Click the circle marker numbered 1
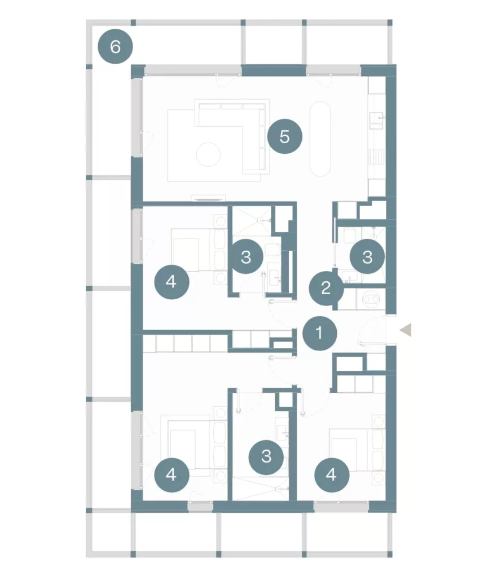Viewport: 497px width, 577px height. coord(319,333)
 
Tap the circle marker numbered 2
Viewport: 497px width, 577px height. coord(326,288)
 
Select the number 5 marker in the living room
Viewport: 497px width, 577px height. coord(284,136)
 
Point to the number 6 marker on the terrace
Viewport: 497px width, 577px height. coord(115,47)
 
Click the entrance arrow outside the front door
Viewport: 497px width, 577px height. coord(406,330)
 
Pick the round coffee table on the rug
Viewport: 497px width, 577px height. coord(208,154)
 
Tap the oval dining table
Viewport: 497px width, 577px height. coord(320,139)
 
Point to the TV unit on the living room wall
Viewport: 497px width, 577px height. coord(208,198)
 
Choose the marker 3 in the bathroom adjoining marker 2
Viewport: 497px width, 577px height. coord(367,256)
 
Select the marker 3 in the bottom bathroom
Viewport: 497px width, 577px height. coord(266,456)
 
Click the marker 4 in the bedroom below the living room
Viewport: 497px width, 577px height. coord(171,282)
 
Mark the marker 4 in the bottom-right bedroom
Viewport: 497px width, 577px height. coord(332,474)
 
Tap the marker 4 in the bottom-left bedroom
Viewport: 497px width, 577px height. coord(171,474)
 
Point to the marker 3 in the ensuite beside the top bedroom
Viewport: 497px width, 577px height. coord(246,256)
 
